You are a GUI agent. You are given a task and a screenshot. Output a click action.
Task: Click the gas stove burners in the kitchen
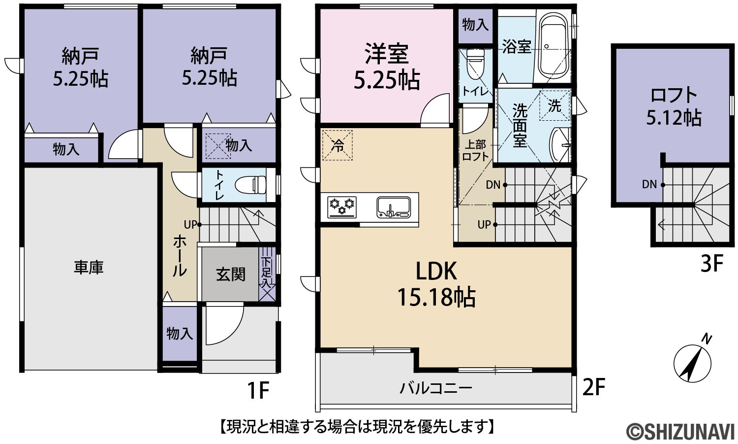pos(341,207)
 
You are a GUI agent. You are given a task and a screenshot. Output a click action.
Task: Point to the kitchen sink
pos(394,207)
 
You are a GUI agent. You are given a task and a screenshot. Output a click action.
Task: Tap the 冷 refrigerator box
pos(338,145)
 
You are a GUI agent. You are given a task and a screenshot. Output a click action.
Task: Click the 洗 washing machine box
pos(555,105)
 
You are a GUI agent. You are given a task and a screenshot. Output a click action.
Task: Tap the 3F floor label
pos(712,264)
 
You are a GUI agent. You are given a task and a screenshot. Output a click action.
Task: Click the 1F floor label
pos(258,390)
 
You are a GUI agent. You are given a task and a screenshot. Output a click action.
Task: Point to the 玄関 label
pos(231,274)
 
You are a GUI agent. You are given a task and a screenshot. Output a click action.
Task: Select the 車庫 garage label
pos(89,268)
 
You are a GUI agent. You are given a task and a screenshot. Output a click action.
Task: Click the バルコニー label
pos(436,388)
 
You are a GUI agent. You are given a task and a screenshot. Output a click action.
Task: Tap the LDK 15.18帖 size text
pos(436,297)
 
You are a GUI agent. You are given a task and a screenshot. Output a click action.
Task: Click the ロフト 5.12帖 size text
pos(674,117)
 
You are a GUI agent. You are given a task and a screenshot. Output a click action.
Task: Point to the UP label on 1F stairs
pos(190,225)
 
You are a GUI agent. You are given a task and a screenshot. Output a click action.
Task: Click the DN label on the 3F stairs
pos(649,184)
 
